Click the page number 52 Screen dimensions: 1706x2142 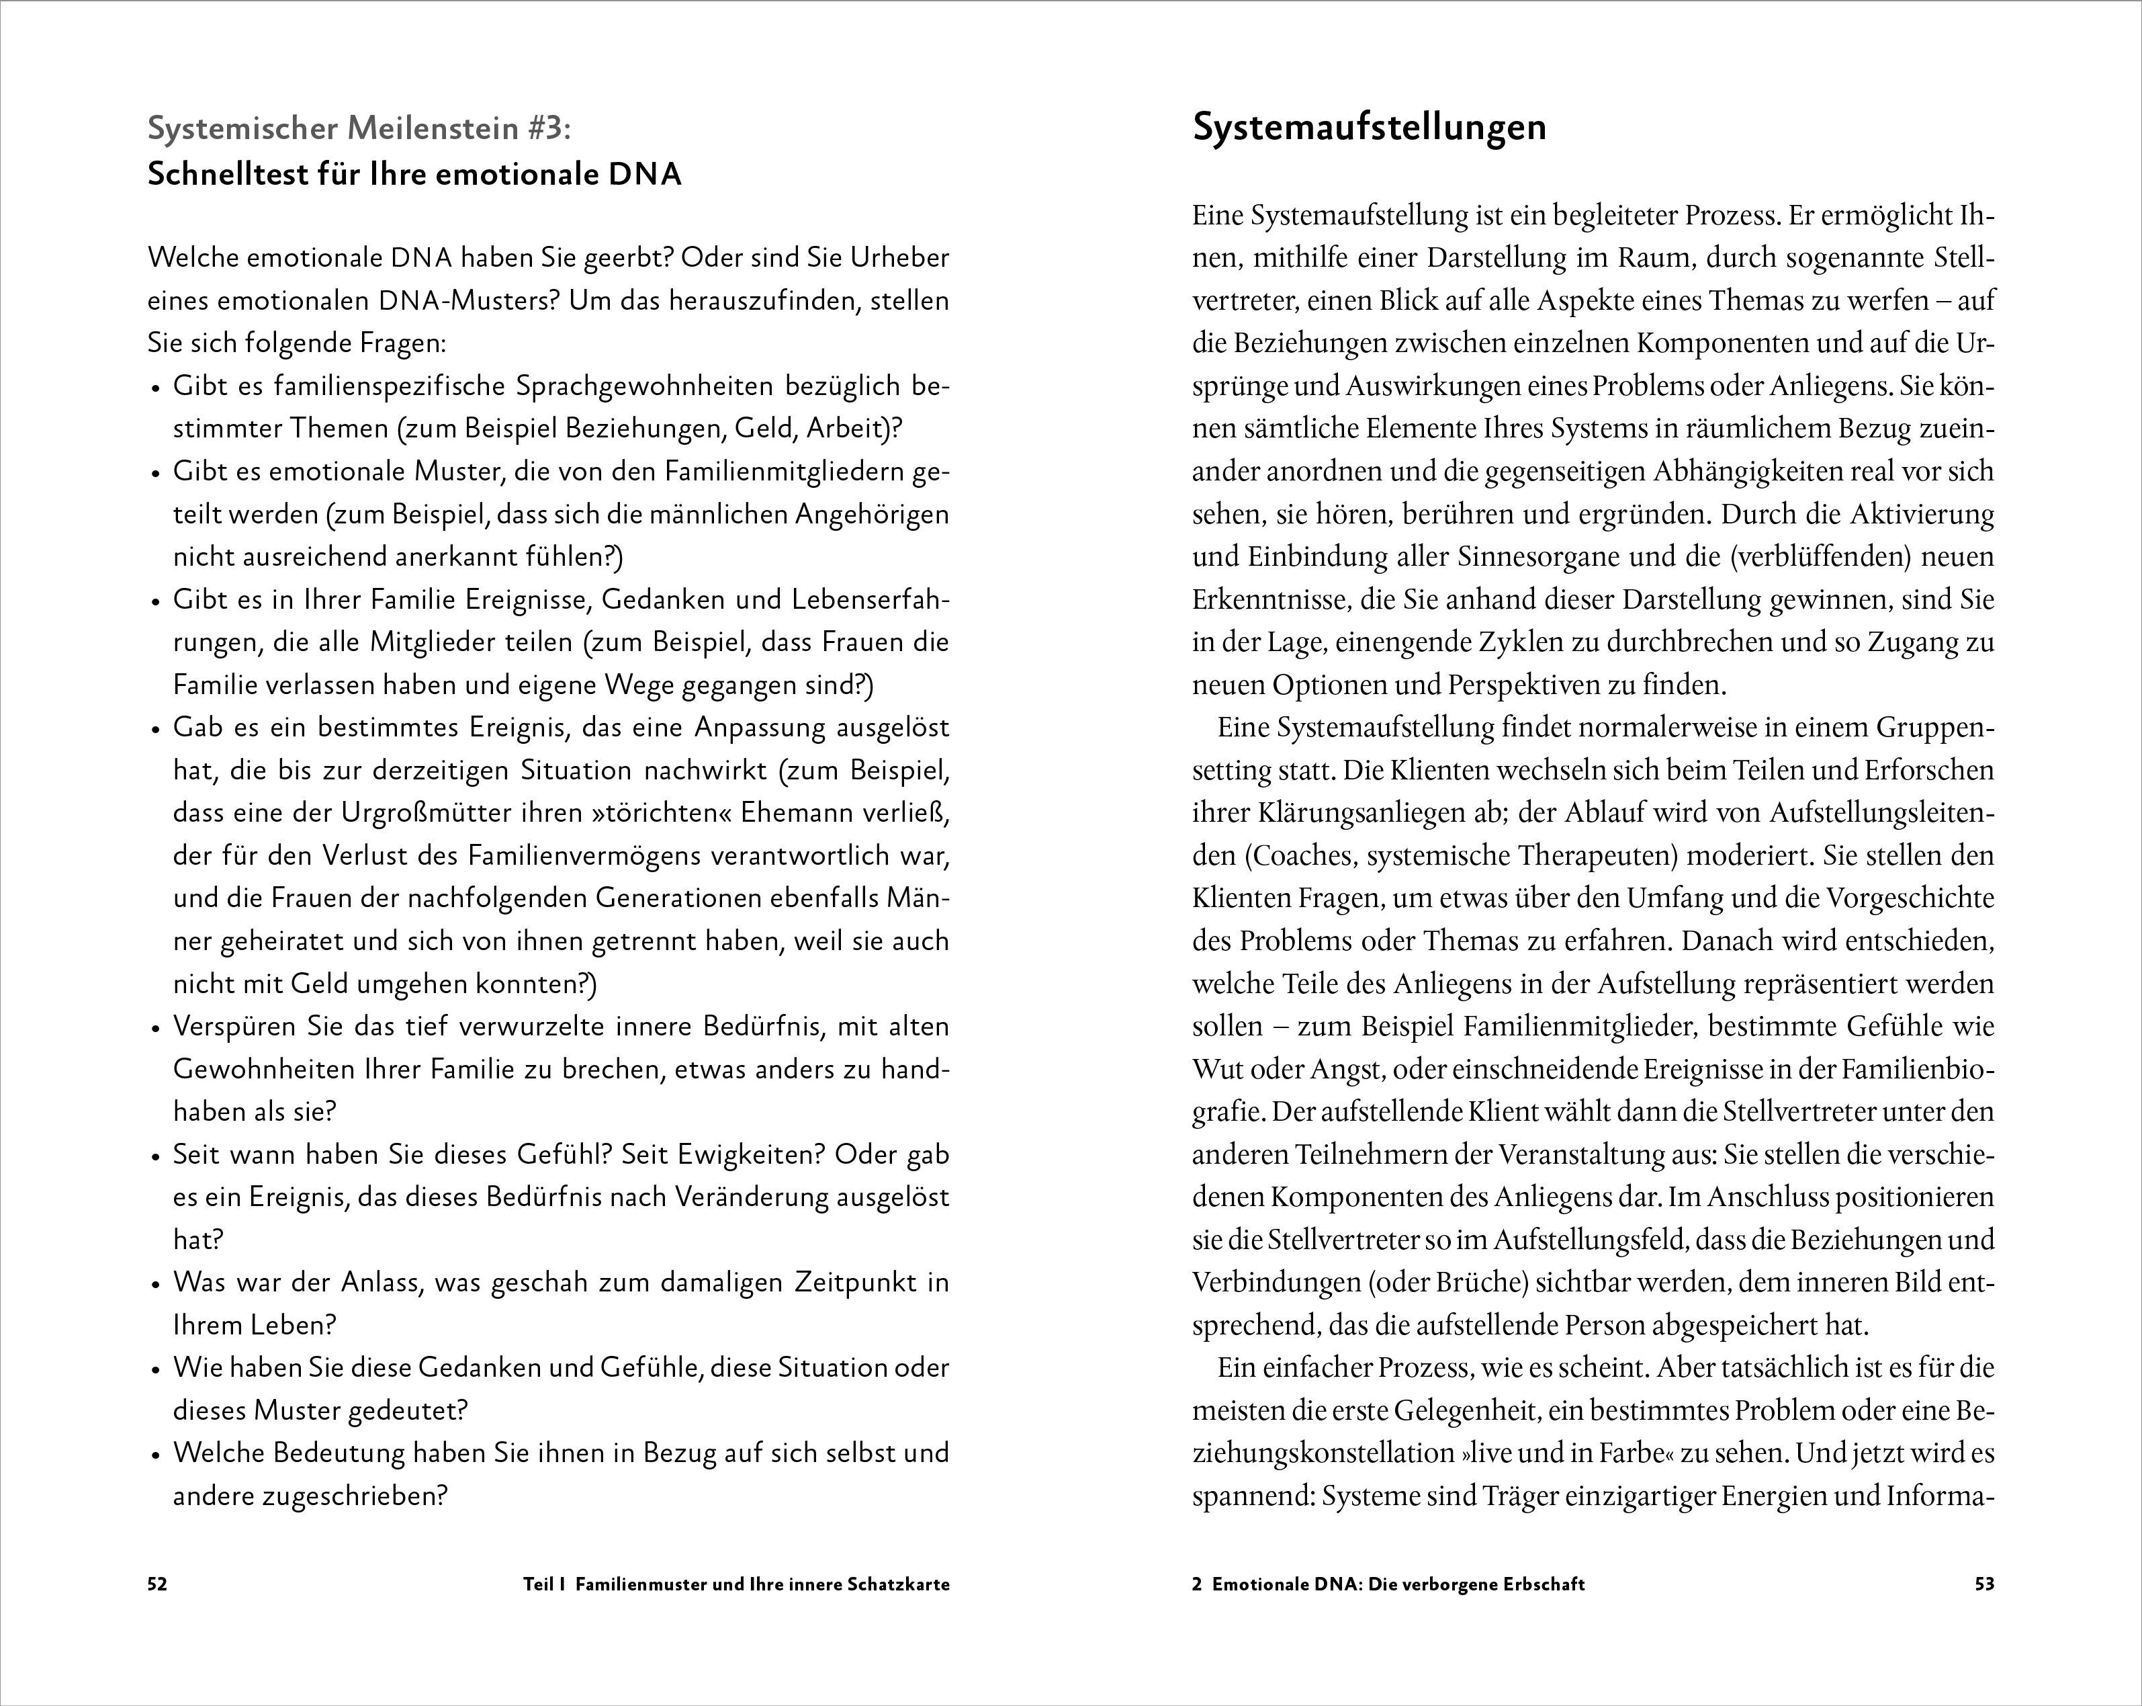(157, 1585)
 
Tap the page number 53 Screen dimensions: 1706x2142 (1984, 1585)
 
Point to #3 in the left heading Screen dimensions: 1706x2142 (543, 128)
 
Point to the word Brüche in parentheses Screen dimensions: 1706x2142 (1481, 1283)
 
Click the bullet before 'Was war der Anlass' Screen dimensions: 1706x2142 (155, 1285)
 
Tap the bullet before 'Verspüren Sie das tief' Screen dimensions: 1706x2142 (155, 1028)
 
